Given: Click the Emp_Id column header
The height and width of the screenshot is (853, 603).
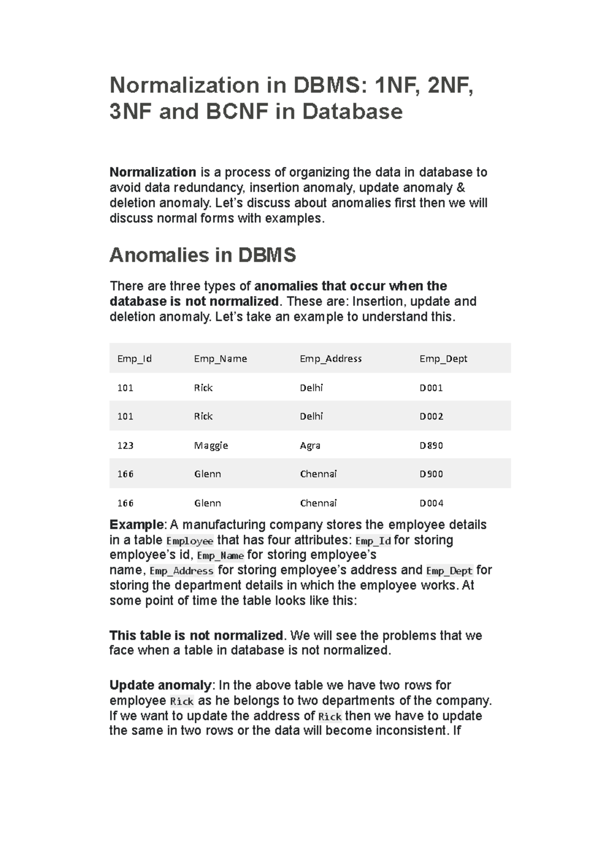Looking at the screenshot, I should tap(134, 359).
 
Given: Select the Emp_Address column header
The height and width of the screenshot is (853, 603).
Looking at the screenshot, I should tap(331, 359).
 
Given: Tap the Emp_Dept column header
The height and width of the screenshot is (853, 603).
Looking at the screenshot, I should tap(443, 359).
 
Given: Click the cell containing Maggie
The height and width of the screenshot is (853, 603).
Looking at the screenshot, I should tap(211, 446).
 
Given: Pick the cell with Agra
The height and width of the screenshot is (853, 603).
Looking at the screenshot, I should tap(310, 446).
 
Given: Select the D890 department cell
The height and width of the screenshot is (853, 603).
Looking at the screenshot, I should tap(431, 446).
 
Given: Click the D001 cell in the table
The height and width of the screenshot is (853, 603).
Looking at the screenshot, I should tap(431, 388).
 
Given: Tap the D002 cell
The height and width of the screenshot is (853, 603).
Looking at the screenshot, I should tap(431, 416).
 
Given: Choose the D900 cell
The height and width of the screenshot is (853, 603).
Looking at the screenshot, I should tap(431, 474).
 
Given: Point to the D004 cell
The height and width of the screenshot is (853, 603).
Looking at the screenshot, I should tap(431, 503).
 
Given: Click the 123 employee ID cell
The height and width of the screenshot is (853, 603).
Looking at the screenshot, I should tap(125, 446).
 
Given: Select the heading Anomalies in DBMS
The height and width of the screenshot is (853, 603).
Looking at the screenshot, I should tap(203, 255).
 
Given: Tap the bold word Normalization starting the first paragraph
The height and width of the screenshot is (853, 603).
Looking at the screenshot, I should tap(153, 172).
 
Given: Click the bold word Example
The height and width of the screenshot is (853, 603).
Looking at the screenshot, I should tap(137, 525).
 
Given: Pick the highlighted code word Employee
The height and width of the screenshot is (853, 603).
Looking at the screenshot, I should tap(189, 541).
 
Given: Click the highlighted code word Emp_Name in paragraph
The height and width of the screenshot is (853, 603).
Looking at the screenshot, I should tap(221, 556).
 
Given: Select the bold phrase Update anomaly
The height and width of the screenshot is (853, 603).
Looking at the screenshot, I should tap(160, 685).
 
